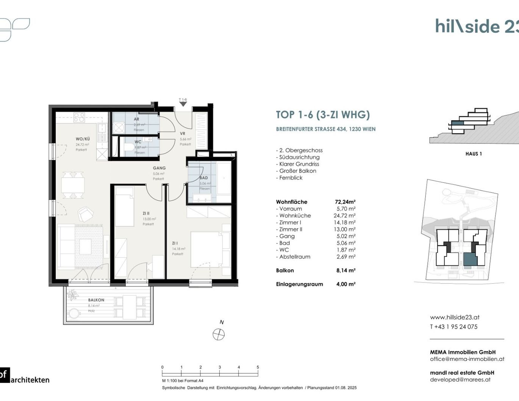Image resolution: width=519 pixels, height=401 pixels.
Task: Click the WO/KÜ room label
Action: pos(83,139)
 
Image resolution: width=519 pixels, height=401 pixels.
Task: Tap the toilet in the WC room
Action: pos(130,147)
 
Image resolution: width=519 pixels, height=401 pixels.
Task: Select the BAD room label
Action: pos(204,178)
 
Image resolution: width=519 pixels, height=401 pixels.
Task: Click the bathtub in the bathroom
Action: pos(224,178)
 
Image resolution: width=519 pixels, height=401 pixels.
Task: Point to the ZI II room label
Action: pos(146,213)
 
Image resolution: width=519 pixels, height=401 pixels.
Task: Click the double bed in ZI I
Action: pos(209,249)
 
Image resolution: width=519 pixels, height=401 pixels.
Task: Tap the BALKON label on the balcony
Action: pos(96,300)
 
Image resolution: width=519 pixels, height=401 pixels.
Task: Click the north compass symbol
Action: pos(219,334)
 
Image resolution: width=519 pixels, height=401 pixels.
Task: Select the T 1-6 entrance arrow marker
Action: pos(183,103)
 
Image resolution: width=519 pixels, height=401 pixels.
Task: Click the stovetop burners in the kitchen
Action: pos(79,118)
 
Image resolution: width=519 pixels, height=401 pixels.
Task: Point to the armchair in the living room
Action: pos(85,214)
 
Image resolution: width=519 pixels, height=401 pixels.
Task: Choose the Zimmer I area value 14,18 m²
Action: pos(344,222)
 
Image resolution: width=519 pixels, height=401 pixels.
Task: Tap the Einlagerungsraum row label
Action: pos(299,284)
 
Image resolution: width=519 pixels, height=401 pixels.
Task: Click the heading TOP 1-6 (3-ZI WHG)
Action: pos(323,115)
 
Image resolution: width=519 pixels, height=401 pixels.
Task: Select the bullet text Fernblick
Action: pos(291,178)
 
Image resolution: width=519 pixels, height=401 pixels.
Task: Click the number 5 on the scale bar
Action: pos(258,367)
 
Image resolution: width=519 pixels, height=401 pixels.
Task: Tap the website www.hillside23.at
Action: pos(455,317)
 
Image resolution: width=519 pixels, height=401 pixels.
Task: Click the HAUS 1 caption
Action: pos(474,154)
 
